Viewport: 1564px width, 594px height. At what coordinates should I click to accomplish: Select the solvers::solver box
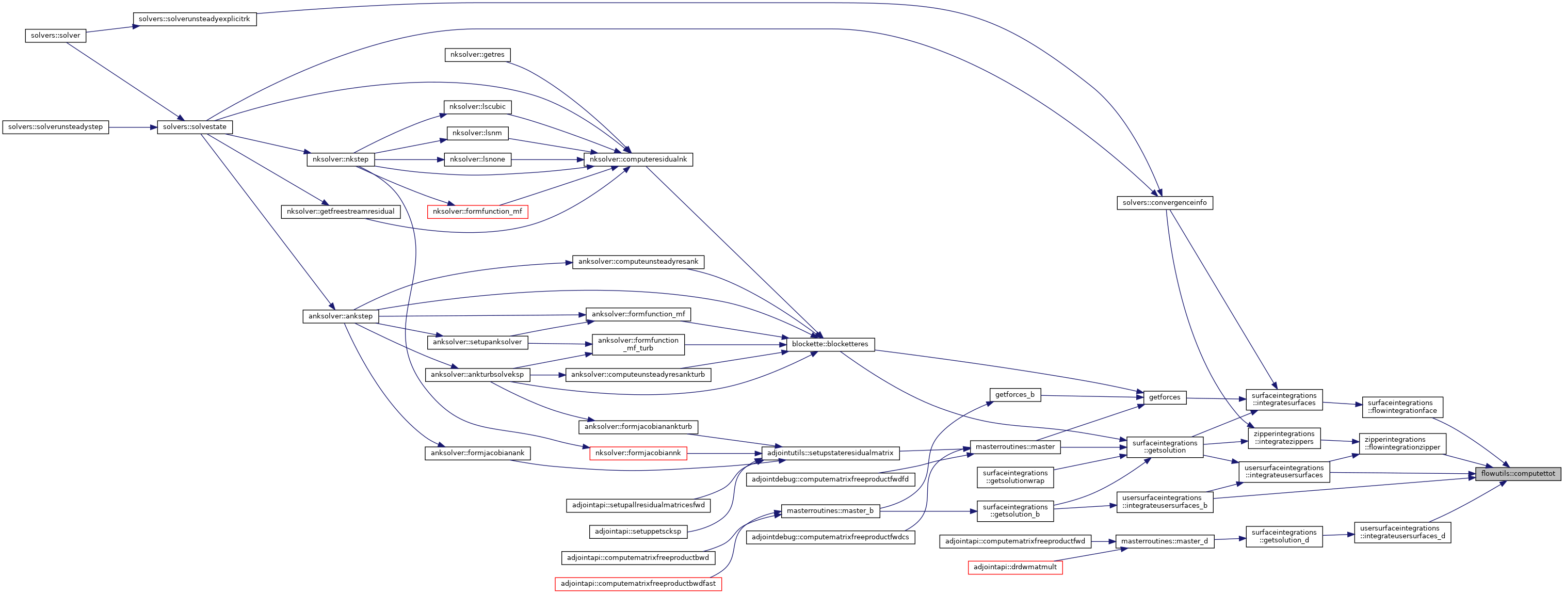(55, 36)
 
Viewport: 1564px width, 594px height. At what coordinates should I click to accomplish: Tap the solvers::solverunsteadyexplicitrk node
(195, 19)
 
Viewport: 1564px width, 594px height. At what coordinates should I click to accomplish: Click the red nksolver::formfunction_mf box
(477, 212)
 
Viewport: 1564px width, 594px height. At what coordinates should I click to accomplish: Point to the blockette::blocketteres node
(830, 344)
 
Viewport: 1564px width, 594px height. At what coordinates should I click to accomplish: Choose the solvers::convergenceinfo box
(1165, 203)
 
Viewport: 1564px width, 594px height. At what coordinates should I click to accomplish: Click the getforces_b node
(1014, 395)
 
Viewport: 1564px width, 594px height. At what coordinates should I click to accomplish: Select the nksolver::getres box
(477, 55)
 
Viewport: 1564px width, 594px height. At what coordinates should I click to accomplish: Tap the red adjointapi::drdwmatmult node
(1015, 567)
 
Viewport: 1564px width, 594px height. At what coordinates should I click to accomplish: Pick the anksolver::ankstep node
(341, 316)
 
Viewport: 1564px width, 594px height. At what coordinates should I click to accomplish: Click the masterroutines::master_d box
(1165, 541)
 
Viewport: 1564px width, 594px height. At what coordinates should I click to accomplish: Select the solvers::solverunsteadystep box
(55, 127)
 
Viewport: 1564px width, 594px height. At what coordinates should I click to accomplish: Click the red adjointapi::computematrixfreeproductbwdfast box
(638, 584)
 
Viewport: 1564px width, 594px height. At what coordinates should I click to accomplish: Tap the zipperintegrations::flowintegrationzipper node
(1402, 443)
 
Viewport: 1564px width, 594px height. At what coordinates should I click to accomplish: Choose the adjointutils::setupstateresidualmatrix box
(830, 453)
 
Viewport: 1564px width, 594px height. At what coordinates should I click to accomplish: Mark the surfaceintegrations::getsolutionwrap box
(1015, 477)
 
